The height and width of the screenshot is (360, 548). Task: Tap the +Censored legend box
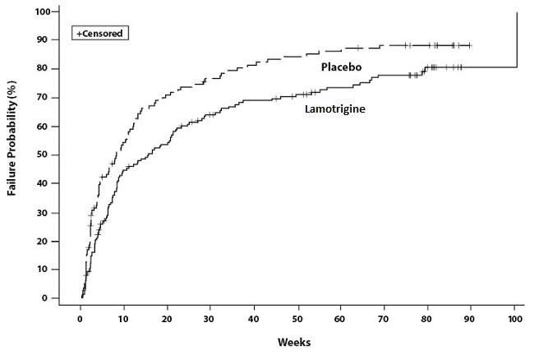tap(101, 35)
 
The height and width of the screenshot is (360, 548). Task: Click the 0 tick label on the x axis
tap(81, 315)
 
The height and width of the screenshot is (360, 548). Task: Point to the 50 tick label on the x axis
tap(298, 315)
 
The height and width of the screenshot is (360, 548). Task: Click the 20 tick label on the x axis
tap(168, 315)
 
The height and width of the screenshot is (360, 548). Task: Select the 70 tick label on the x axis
tap(385, 315)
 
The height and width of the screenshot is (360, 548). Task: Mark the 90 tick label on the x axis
tap(472, 315)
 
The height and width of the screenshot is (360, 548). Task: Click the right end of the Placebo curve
tap(471, 45)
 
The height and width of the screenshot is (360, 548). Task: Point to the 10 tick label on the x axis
tap(124, 315)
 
